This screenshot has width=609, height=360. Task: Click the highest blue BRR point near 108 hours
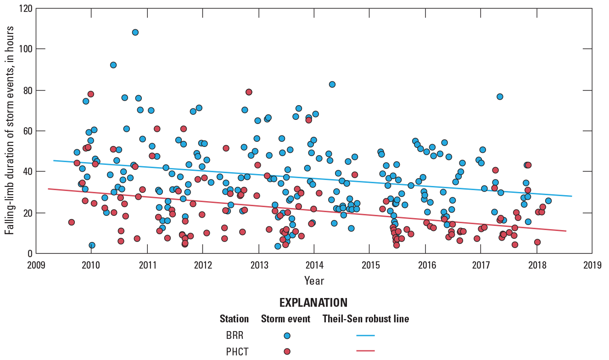pyautogui.click(x=135, y=32)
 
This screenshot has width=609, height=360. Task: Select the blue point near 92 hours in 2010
pyautogui.click(x=113, y=65)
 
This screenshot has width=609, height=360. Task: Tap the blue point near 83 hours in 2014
pyautogui.click(x=332, y=84)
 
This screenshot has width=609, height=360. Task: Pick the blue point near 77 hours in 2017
pyautogui.click(x=500, y=96)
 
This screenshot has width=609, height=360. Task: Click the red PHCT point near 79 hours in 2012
pyautogui.click(x=249, y=92)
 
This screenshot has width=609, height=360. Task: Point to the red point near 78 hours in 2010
pyautogui.click(x=91, y=94)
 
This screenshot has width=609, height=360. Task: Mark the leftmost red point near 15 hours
pyautogui.click(x=72, y=222)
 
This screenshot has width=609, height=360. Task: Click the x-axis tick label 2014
pyautogui.click(x=314, y=265)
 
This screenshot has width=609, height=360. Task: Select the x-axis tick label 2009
pyautogui.click(x=36, y=265)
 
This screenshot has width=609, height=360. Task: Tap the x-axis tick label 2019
pyautogui.click(x=592, y=265)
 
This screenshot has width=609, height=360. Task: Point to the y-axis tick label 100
pyautogui.click(x=26, y=49)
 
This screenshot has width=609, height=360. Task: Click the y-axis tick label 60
pyautogui.click(x=28, y=131)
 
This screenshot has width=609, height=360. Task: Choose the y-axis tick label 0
pyautogui.click(x=30, y=253)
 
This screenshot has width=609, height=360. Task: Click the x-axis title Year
pyautogui.click(x=314, y=280)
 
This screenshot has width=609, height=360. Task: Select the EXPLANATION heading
pyautogui.click(x=313, y=303)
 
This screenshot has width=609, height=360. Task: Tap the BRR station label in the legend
pyautogui.click(x=235, y=335)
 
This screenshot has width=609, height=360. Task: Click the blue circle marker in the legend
pyautogui.click(x=287, y=336)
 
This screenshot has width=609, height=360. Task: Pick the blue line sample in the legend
pyautogui.click(x=365, y=336)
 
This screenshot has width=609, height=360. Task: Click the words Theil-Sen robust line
pyautogui.click(x=366, y=319)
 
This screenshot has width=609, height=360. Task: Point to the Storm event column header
pyautogui.click(x=285, y=319)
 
